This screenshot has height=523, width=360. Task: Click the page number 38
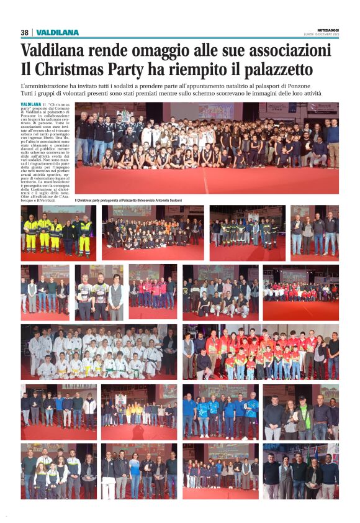tap(24, 32)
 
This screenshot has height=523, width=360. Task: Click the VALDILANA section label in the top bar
tap(58, 32)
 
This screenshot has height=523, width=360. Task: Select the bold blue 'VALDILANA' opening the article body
tap(31, 104)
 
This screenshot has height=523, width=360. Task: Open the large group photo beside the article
tap(207, 148)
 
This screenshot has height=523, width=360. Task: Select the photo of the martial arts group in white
tap(99, 352)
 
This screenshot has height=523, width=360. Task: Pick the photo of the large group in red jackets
tap(261, 352)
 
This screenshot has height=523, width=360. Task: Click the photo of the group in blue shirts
tap(220, 411)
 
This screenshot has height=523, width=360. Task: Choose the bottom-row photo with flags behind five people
tap(300, 471)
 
